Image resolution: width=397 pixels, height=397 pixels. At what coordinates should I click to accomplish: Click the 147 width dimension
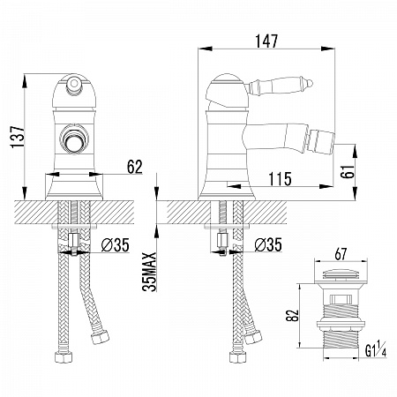coord(266,41)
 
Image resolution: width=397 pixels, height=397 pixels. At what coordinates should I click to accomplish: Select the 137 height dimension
coord(18,137)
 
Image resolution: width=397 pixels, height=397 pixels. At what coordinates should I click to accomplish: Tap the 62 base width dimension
coord(134,167)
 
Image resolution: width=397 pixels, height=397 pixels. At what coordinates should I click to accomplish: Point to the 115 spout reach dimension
coord(280,179)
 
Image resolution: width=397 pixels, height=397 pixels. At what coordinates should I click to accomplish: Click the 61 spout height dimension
coord(348,171)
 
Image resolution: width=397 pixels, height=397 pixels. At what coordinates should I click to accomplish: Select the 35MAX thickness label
coord(149,272)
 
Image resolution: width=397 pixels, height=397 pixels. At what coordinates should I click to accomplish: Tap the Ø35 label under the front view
coord(115,244)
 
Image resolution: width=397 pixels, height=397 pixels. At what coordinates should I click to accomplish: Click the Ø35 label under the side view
coord(268,244)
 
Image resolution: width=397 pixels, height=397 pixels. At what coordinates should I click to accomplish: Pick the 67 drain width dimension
coord(341,254)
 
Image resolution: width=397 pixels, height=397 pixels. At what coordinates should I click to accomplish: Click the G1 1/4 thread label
coord(376,348)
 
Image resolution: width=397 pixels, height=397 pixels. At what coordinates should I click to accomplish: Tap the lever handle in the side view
coord(281,85)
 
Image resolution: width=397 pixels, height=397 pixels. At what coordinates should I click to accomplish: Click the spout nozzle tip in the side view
coord(320,143)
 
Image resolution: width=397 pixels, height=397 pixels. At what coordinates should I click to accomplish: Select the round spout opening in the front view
coord(73,139)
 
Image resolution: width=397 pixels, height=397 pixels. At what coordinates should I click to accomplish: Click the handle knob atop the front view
coord(73,83)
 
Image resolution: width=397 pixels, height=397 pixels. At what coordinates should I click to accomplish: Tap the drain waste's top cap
coord(341,274)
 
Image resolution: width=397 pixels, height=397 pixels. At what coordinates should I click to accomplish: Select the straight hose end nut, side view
coord(237,356)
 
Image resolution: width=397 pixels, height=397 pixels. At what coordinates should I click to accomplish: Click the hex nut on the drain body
coord(341,324)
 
